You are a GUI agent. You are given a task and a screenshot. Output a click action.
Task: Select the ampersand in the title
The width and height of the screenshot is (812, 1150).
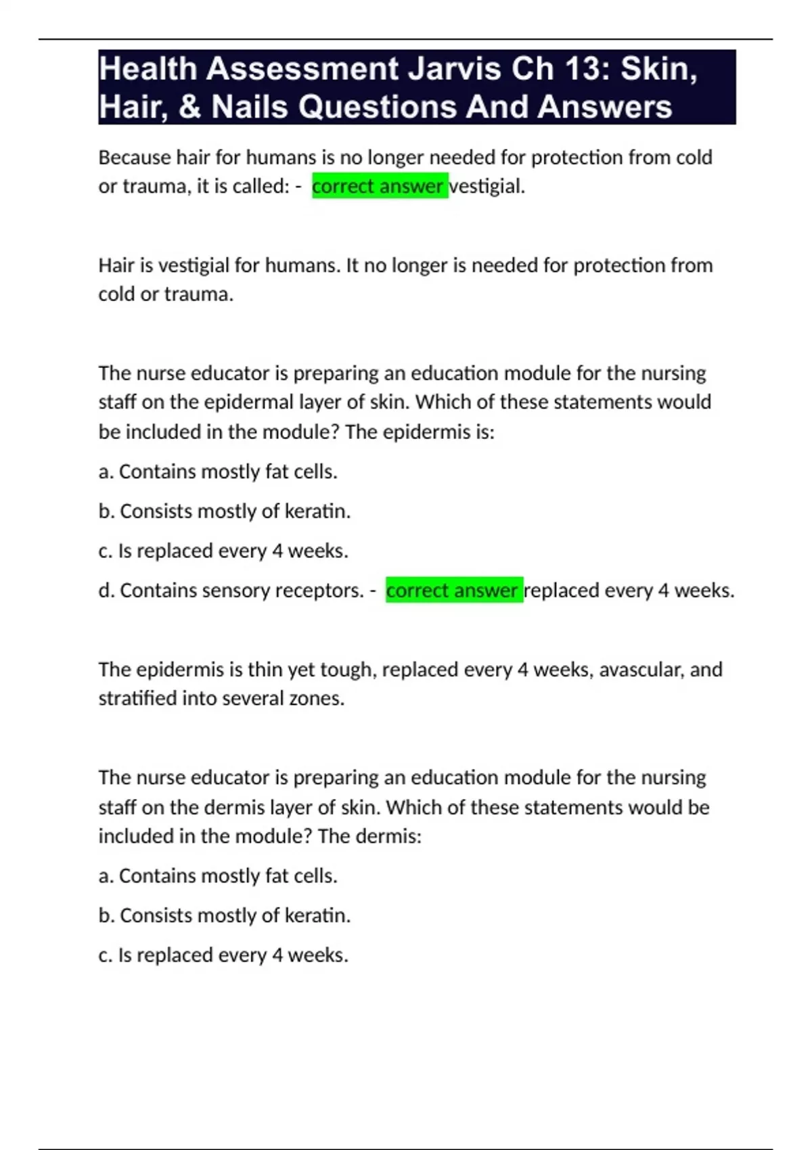189,107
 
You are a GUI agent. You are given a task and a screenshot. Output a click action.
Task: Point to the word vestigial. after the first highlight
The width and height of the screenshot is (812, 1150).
487,186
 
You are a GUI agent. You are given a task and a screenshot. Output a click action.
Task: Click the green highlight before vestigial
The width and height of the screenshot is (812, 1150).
380,186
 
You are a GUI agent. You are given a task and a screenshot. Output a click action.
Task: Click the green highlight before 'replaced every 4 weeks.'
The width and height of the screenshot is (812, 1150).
454,591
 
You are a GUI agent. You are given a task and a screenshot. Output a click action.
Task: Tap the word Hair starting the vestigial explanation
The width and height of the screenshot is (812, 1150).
117,265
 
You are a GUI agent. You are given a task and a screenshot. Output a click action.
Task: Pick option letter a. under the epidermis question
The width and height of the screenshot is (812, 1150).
106,471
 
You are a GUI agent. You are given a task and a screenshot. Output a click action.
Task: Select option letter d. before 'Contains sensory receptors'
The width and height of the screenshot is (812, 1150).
106,591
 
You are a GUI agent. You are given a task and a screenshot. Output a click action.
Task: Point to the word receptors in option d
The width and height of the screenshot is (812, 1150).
325,591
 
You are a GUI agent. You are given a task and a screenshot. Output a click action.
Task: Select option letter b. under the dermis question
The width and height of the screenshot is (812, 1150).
106,915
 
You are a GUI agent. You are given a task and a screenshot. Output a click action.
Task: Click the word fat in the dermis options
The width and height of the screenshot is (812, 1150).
277,876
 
